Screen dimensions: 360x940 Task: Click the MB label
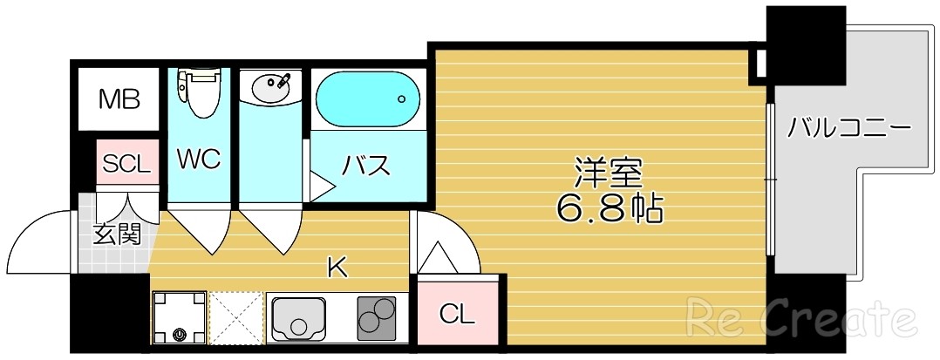pyautogui.click(x=119, y=99)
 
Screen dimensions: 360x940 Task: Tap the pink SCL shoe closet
pyautogui.click(x=127, y=163)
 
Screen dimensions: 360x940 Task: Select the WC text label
pyautogui.click(x=199, y=160)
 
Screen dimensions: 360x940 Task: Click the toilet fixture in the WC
pyautogui.click(x=199, y=92)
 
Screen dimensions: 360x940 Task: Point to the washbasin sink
pyautogui.click(x=270, y=86)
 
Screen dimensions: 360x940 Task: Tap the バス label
pyautogui.click(x=365, y=165)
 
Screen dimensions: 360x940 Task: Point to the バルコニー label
pyautogui.click(x=849, y=128)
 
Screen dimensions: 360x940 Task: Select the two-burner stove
pyautogui.click(x=376, y=316)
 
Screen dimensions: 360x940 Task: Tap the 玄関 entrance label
pyautogui.click(x=117, y=234)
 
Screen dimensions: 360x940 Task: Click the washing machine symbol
pyautogui.click(x=181, y=316)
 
